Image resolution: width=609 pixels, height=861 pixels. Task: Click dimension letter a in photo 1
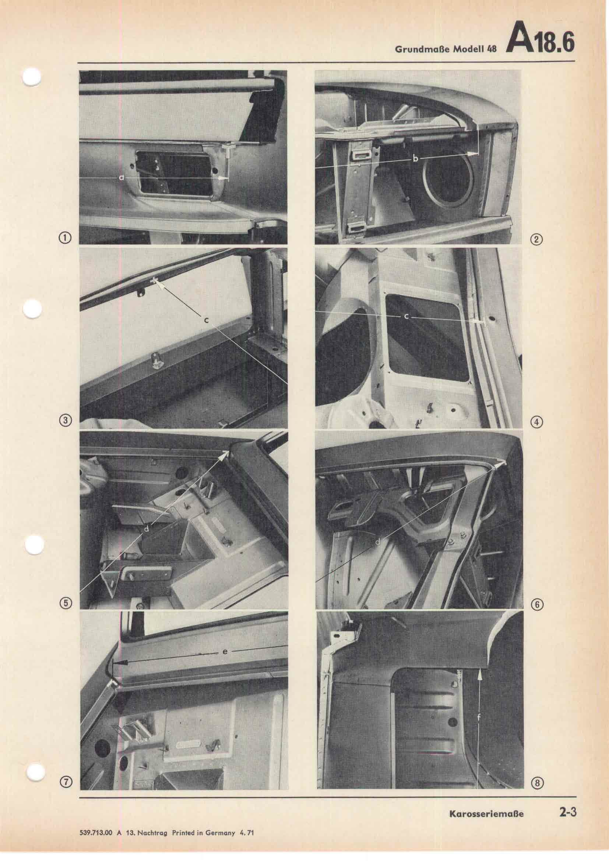(121, 177)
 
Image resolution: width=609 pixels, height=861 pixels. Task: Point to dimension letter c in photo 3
(206, 320)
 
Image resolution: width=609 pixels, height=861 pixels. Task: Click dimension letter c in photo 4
(406, 317)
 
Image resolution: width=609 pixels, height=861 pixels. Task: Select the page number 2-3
(566, 788)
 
